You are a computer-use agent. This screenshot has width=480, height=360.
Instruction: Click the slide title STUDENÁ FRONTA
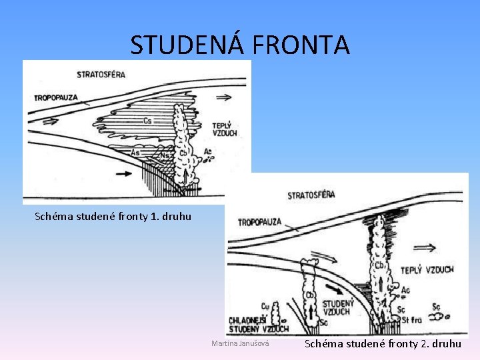(239, 45)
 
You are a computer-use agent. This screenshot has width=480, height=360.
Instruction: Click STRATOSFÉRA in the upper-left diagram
(101, 73)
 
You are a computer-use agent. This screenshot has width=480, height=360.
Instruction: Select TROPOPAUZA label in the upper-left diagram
(56, 97)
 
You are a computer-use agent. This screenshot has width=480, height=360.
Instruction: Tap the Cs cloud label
(147, 121)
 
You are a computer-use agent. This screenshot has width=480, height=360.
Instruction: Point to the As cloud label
(135, 153)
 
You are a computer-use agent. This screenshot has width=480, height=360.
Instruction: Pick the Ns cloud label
(163, 155)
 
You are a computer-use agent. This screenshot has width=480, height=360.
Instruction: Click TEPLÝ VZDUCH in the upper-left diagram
(224, 129)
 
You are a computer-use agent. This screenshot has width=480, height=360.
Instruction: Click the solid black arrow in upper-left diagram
(124, 173)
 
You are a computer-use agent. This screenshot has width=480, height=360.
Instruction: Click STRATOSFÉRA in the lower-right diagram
(311, 195)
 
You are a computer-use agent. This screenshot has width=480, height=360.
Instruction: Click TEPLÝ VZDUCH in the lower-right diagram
(427, 270)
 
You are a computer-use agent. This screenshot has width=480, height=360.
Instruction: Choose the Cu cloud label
(265, 306)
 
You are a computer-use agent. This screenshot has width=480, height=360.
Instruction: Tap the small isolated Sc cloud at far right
(439, 315)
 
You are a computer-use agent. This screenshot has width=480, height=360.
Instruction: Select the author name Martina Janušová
(240, 343)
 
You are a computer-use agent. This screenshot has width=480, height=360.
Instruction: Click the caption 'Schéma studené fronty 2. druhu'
(383, 344)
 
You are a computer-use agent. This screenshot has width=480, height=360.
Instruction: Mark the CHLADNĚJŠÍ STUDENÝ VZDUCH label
(258, 325)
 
